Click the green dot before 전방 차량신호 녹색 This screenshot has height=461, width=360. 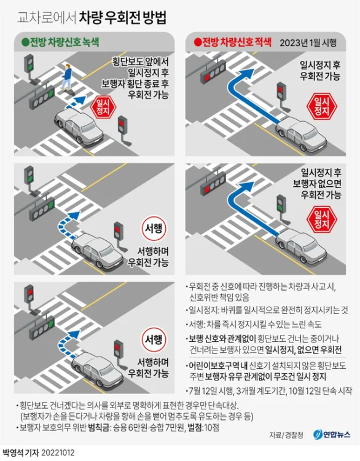tap(25, 42)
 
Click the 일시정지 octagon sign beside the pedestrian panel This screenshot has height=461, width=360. tap(104, 108)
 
